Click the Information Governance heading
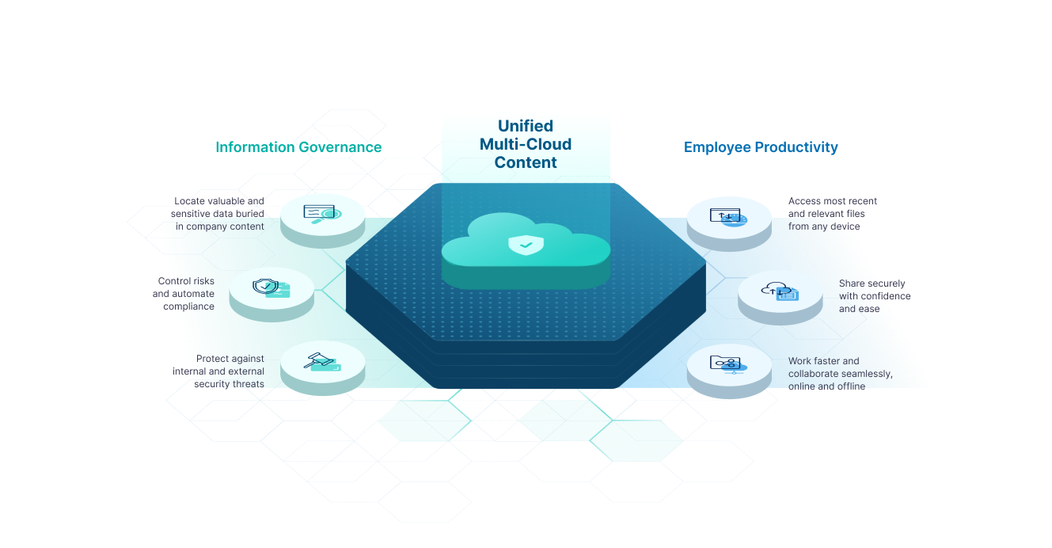coord(298,147)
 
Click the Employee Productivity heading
coord(760,147)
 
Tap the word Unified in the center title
coord(525,126)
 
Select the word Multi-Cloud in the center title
coord(525,144)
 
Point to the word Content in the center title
coord(526,162)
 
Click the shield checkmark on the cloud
coord(526,245)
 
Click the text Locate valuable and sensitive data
coord(219,214)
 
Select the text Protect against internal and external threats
coord(219,371)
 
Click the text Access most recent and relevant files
coord(832,214)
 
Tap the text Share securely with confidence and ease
coord(874,295)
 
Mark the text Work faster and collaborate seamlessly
coord(840,374)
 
